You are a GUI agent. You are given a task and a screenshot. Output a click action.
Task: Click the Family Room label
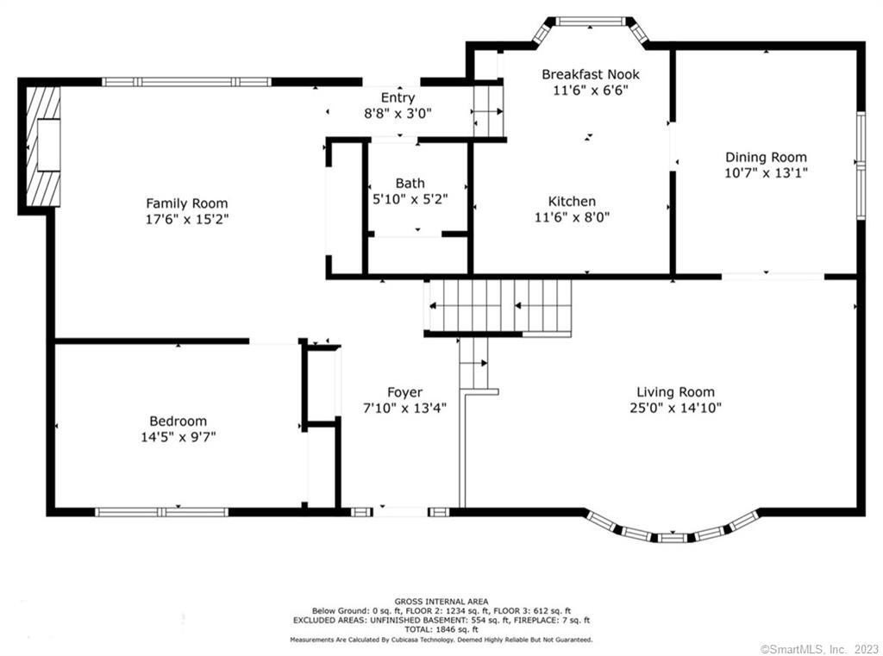[x=187, y=203]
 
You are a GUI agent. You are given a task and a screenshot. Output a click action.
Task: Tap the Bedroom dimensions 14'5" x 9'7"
[x=178, y=436]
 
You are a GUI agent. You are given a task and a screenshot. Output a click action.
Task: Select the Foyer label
[x=404, y=392]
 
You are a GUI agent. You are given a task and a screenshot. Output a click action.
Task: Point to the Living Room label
[x=675, y=392]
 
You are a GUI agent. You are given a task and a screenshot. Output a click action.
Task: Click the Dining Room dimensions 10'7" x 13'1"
[x=766, y=173]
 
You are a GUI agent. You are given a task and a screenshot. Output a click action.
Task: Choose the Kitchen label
[x=572, y=201]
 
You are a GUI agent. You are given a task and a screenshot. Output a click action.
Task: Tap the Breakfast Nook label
[x=590, y=74]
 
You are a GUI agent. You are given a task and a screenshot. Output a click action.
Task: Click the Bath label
[x=410, y=183]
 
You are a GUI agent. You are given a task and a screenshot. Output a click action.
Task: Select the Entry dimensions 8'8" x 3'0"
[x=398, y=113]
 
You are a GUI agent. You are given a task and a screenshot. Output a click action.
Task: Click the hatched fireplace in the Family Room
[x=43, y=146]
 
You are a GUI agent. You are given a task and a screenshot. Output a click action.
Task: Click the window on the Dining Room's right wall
[x=861, y=165]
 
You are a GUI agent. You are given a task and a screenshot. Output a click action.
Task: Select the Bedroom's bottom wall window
[x=161, y=512]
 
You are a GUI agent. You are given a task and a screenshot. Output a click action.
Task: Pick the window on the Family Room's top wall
[x=186, y=82]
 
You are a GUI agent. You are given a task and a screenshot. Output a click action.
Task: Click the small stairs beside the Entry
[x=488, y=111]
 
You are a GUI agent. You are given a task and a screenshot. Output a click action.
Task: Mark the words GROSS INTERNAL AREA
[x=441, y=602]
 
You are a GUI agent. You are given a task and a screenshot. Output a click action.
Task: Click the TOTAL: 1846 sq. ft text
[x=441, y=629]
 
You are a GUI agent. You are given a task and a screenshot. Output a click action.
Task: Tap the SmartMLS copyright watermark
[x=819, y=649]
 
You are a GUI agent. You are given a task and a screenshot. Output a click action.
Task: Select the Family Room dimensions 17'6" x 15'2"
[x=187, y=219]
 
